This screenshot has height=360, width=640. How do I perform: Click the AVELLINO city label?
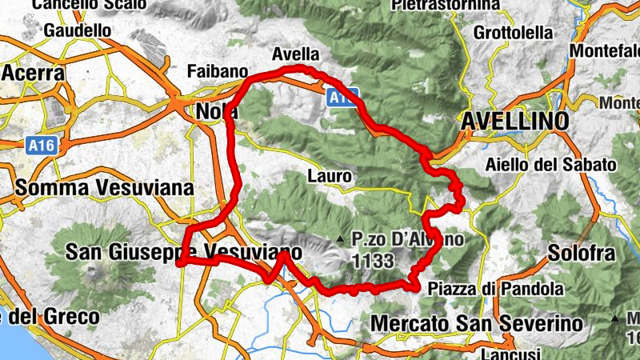click(x=515, y=121)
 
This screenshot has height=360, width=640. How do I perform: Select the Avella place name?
click(x=295, y=54)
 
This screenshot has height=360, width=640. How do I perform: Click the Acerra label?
click(x=33, y=73)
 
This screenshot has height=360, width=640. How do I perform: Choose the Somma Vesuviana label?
click(x=104, y=188)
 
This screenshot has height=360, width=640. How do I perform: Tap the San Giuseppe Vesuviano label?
click(x=184, y=253)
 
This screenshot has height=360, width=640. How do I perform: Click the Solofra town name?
click(x=582, y=254)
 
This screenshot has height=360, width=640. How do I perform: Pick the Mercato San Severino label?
click(x=478, y=323)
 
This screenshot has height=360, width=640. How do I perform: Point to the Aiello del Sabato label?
click(x=551, y=165)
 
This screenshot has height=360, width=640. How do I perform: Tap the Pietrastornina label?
click(x=446, y=5)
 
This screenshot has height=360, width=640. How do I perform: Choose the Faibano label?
click(x=215, y=71)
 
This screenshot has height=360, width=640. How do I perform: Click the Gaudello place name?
click(x=78, y=30)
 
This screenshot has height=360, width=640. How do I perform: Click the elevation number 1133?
click(x=372, y=260)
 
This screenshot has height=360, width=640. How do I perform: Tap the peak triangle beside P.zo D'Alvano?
click(x=340, y=238)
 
